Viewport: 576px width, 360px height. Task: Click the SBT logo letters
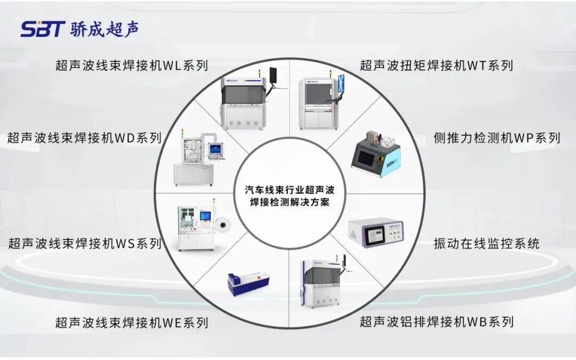[43, 29]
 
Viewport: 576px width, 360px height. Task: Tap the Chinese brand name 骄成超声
[105, 29]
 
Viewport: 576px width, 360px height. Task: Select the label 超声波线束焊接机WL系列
[132, 66]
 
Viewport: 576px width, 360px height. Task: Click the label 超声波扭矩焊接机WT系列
[436, 66]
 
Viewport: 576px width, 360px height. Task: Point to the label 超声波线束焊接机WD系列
[85, 138]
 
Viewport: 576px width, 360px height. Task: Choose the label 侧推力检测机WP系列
[497, 138]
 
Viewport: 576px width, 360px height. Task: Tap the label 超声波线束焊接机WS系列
[85, 243]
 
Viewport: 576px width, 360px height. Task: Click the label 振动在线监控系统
[486, 243]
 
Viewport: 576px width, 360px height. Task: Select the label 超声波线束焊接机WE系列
[132, 323]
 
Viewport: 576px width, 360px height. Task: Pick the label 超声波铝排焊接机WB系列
[436, 322]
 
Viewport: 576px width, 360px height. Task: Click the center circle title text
[290, 196]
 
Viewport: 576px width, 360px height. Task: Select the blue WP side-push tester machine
[375, 154]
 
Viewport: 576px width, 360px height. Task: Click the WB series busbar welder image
[323, 282]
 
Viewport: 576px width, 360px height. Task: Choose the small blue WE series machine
[249, 284]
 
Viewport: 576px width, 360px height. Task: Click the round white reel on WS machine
[222, 223]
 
